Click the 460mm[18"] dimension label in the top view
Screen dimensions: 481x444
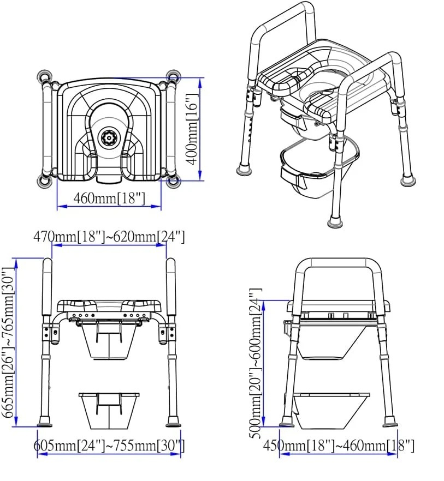pyautogui.click(x=109, y=199)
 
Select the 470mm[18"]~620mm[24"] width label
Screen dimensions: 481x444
pyautogui.click(x=109, y=237)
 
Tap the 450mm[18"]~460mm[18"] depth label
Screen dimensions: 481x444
pyautogui.click(x=338, y=446)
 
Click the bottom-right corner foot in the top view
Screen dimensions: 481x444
pyautogui.click(x=174, y=182)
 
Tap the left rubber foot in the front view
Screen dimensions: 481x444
pyautogui.click(x=44, y=422)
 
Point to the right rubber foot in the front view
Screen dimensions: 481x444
pyautogui.click(x=174, y=422)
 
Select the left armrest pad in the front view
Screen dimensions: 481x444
pyautogui.click(x=48, y=286)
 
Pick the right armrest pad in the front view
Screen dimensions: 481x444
pyautogui.click(x=171, y=286)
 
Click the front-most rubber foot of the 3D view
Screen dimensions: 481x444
pyautogui.click(x=335, y=221)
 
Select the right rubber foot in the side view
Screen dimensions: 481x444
pyautogui.click(x=390, y=422)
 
